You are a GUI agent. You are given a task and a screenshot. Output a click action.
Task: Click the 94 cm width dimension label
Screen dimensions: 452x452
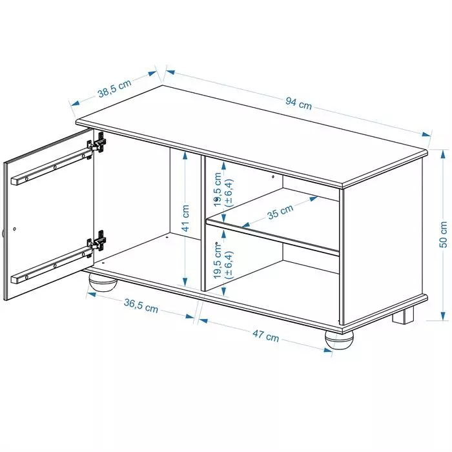coord(298,103)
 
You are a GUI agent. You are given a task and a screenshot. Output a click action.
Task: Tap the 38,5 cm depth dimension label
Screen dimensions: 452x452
coord(114,88)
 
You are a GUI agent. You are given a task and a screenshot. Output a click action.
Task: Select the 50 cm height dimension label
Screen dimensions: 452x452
coord(444,234)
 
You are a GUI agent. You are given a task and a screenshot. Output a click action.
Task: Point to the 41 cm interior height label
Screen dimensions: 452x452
coord(186,218)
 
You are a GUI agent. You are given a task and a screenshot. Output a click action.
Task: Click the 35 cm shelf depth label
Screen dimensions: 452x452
coord(280,212)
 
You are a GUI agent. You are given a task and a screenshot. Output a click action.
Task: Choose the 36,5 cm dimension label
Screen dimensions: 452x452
coord(141,305)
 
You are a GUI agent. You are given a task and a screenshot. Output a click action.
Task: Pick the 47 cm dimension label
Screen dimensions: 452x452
coord(266,336)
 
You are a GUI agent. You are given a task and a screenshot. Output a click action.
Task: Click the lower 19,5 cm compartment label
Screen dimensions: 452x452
coord(223,261)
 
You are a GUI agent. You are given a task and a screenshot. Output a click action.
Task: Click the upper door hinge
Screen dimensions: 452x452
coord(98,143)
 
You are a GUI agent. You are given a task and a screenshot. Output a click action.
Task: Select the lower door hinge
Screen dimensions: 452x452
coord(98,241)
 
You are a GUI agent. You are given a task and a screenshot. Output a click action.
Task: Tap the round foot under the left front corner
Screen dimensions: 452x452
coord(103,282)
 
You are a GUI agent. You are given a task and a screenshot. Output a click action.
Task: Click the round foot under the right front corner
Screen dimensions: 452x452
coord(339,340)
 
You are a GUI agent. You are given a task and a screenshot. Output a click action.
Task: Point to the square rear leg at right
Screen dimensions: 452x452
coord(403,315)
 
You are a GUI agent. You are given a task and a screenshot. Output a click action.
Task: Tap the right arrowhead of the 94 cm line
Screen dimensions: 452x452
coord(426,134)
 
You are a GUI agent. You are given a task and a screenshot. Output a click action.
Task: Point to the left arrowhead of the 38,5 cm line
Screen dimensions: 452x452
coord(76,103)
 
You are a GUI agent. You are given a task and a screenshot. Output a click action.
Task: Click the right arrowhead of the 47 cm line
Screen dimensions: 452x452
coord(328,350)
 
